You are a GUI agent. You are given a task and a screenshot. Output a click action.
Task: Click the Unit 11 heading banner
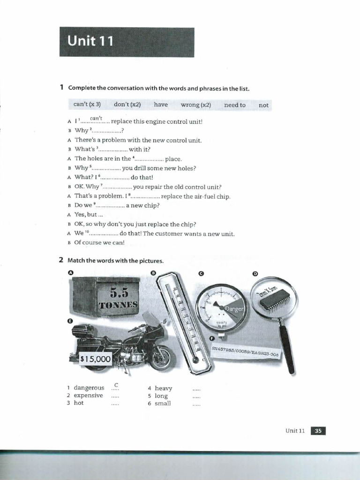(127, 42)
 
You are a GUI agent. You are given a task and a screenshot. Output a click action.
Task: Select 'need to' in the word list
(234, 105)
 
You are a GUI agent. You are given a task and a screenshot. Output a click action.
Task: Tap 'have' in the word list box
(160, 105)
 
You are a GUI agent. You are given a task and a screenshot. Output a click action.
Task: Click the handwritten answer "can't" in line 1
(97, 118)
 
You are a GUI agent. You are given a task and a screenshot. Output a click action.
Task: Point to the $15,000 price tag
(96, 359)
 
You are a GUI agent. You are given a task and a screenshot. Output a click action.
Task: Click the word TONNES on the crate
(119, 304)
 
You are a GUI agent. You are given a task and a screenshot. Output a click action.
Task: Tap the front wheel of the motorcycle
(161, 357)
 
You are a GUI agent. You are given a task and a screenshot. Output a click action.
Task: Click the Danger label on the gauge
(235, 309)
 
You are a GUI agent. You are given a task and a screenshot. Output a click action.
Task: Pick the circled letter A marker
(71, 272)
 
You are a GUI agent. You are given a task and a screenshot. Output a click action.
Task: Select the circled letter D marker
(255, 273)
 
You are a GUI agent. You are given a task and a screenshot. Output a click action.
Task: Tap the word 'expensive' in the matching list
(88, 395)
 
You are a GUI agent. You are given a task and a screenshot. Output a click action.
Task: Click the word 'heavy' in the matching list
(163, 388)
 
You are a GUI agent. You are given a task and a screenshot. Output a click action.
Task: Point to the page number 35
(318, 431)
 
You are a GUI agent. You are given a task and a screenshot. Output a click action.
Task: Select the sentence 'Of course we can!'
(93, 243)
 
